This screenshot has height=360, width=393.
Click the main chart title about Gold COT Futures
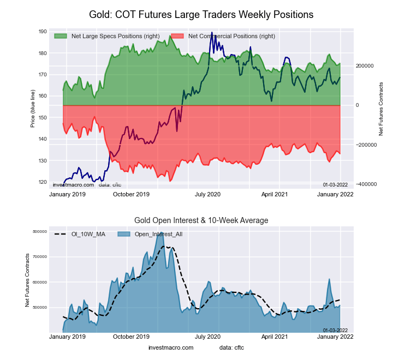coord(201,15)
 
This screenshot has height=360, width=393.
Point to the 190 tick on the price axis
coord(43,32)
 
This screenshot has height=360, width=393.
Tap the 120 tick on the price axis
coord(43,182)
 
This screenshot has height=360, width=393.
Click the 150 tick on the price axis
coord(43,118)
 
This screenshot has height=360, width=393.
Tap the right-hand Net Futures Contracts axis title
coord(381,109)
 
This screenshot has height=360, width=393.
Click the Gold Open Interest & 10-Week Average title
coord(201,220)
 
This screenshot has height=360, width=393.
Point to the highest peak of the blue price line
coord(211,32)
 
